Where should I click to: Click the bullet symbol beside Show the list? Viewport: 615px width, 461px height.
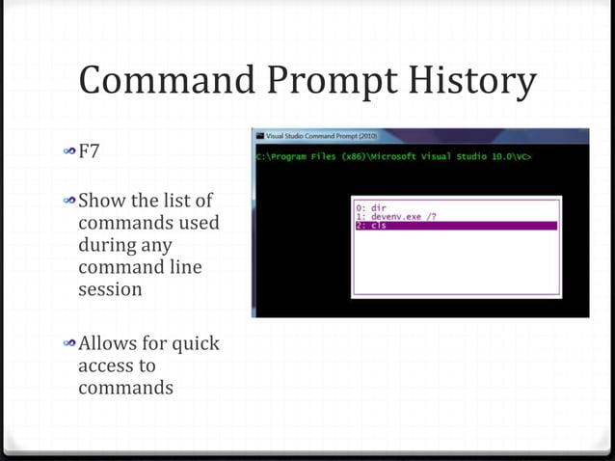coord(69,202)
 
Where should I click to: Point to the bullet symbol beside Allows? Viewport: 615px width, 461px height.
coord(69,344)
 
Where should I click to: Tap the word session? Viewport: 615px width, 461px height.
coord(110,288)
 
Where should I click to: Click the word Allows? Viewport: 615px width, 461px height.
coord(108,343)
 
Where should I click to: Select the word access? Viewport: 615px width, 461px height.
coord(104,366)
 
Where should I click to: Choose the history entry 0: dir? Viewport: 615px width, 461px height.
coord(370,206)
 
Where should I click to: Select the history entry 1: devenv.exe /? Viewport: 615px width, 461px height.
coord(392,216)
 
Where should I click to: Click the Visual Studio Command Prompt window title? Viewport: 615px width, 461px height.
coord(317,136)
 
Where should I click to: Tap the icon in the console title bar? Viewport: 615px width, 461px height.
coord(258,136)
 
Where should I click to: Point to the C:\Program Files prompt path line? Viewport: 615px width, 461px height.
coord(393,155)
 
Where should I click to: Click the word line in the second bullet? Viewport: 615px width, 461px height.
coord(181,267)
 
